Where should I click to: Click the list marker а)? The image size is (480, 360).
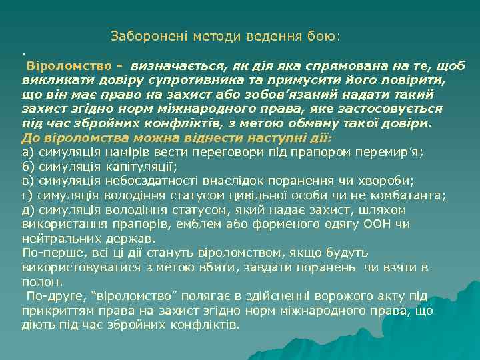pyautogui.click(x=28, y=151)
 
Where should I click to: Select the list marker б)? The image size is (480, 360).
pyautogui.click(x=28, y=166)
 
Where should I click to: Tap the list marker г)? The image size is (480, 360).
pyautogui.click(x=28, y=195)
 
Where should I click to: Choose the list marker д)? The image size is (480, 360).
pyautogui.click(x=28, y=210)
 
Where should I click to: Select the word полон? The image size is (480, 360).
pyautogui.click(x=39, y=282)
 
